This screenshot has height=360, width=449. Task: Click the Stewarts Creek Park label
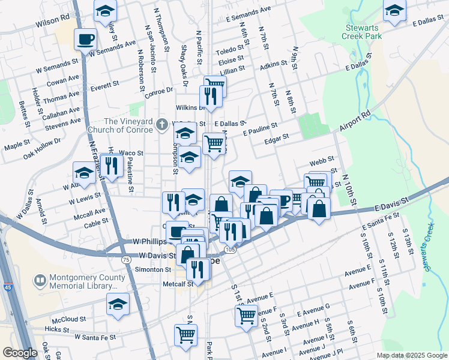click(364, 32)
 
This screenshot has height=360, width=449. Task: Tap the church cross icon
click(161, 125)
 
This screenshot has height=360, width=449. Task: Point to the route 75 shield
click(125, 259)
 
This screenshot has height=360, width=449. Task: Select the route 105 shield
click(230, 248)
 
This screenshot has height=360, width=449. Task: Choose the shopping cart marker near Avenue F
click(246, 316)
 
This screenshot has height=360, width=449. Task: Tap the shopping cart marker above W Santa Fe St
click(185, 335)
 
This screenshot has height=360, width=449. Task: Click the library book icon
click(40, 280)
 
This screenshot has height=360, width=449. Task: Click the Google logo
click(19, 353)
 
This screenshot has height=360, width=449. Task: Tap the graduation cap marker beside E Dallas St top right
click(394, 11)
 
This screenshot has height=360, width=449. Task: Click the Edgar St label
click(277, 137)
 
